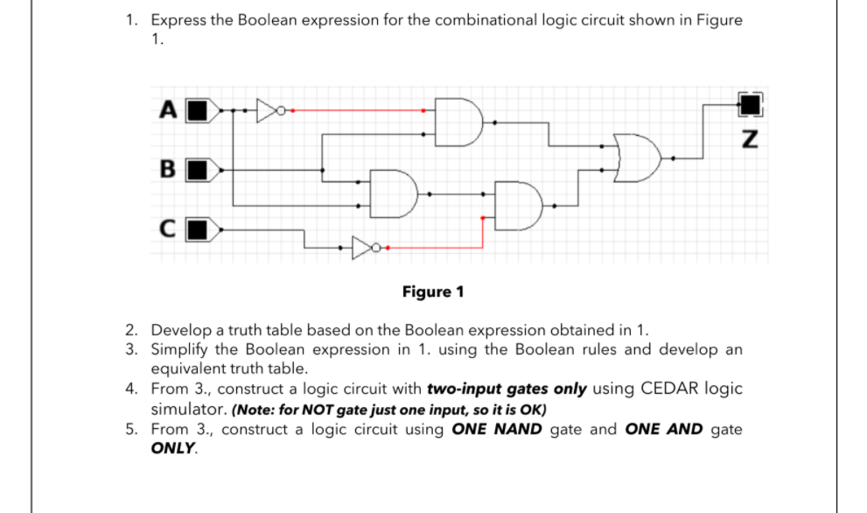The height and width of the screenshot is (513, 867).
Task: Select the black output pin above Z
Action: [x=749, y=105]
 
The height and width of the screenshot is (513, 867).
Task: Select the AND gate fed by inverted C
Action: [x=517, y=205]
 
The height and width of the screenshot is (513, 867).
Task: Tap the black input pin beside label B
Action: [x=200, y=168]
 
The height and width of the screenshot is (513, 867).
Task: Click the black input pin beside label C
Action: [x=200, y=231]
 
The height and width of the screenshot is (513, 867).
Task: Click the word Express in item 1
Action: [x=178, y=20]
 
